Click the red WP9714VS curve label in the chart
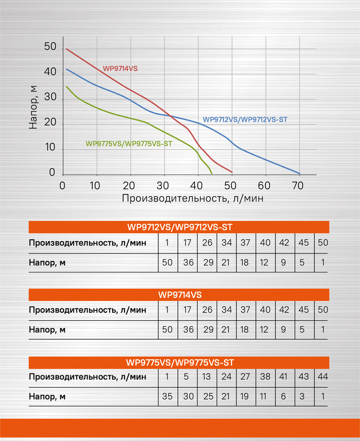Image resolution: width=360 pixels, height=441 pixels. [x=120, y=69]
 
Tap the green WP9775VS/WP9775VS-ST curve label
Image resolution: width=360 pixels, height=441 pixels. [x=129, y=144]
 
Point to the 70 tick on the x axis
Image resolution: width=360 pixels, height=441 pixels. [x=297, y=186]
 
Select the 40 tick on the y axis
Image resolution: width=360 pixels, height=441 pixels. [x=50, y=73]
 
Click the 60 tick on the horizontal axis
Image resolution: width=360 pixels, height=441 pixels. [x=263, y=186]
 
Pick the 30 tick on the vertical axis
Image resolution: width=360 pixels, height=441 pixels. [x=50, y=98]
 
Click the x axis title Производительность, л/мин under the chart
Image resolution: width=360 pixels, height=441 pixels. [x=191, y=198]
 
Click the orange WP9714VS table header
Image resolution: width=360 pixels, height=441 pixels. [x=179, y=295]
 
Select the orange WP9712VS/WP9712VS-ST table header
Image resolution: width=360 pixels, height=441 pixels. [x=179, y=227]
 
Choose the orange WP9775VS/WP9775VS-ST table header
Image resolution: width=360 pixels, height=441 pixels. [x=179, y=363]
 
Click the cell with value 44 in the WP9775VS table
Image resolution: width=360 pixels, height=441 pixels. [x=323, y=378]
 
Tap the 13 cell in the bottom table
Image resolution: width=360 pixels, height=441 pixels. [x=207, y=378]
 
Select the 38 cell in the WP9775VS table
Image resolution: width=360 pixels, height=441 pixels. [x=265, y=378]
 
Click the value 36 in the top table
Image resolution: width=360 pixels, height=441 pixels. [x=187, y=262]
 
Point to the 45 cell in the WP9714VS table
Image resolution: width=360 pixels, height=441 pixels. [x=303, y=310]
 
